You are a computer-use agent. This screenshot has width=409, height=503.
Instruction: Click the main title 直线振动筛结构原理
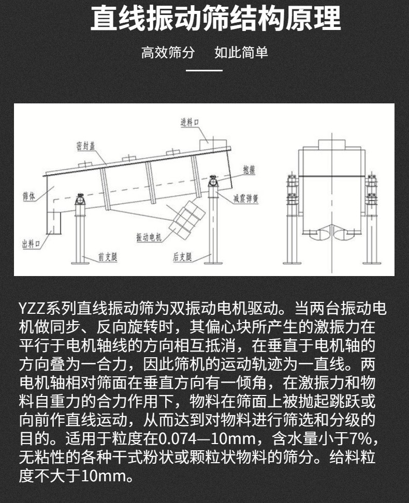(215, 19)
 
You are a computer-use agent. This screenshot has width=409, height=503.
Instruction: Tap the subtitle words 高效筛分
(168, 52)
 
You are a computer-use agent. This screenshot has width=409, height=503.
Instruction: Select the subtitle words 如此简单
(241, 52)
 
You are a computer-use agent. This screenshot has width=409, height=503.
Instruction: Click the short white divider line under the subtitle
(204, 70)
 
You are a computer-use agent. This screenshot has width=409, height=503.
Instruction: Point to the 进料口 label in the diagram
(190, 122)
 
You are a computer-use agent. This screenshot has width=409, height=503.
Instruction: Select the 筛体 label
(29, 196)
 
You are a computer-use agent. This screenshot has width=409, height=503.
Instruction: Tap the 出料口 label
(31, 244)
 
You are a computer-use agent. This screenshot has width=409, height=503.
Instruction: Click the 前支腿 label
(108, 256)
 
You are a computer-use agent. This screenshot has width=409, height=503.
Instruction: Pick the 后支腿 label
(182, 256)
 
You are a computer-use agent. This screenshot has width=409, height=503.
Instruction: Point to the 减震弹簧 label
(246, 199)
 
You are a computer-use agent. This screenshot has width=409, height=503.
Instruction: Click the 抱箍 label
(250, 170)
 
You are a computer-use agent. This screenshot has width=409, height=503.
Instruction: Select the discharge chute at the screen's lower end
(54, 223)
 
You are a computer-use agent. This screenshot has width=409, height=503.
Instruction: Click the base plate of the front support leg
(80, 263)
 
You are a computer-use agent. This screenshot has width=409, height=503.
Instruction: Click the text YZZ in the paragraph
(32, 309)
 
